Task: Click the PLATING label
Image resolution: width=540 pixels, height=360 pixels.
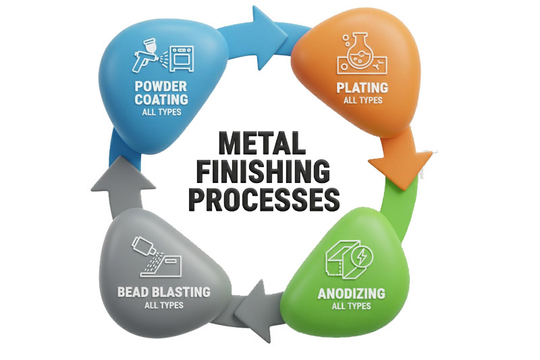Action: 362,87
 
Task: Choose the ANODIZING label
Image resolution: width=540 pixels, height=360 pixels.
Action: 351,293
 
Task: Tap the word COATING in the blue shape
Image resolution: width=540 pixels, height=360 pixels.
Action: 161,99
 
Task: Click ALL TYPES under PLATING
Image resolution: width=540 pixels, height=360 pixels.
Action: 362,100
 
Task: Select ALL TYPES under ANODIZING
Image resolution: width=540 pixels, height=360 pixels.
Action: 351,306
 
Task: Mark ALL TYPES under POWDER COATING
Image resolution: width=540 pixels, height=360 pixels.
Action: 161,111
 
